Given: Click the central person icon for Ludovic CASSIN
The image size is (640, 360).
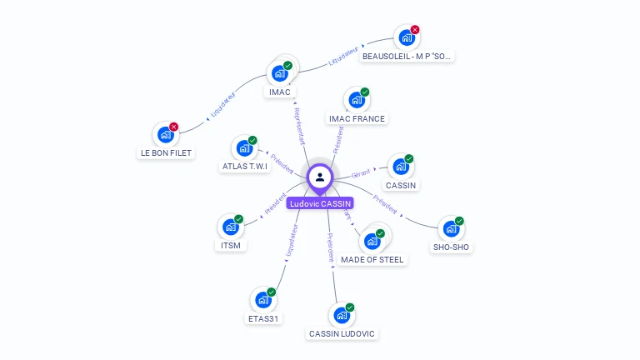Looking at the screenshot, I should click(x=320, y=177).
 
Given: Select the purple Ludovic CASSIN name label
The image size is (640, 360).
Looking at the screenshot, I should click(x=320, y=203).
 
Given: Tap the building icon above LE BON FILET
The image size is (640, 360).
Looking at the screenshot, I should click(x=166, y=133).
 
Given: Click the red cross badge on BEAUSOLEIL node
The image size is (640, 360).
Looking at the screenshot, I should click(x=415, y=30).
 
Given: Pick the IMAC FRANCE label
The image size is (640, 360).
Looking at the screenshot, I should click(x=357, y=118).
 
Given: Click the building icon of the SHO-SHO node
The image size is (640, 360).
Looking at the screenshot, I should click(x=451, y=228).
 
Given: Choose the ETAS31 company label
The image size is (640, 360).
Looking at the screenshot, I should click(x=263, y=318).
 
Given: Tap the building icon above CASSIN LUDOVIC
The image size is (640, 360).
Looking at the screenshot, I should click(x=341, y=315).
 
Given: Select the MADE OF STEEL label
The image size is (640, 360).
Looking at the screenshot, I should click(x=372, y=259).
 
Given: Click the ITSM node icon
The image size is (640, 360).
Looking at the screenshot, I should click(x=230, y=227).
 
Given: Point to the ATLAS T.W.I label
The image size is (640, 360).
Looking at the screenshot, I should click(x=245, y=166).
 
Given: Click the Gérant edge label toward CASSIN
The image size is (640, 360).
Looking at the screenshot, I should click(x=361, y=173).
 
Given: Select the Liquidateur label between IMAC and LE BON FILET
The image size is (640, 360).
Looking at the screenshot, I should click(x=222, y=103).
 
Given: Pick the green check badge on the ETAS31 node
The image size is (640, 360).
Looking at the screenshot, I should click(x=272, y=292).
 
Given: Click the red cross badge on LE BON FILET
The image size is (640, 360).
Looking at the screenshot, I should click(x=174, y=127).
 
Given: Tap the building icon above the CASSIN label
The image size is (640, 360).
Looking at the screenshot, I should click(x=401, y=166).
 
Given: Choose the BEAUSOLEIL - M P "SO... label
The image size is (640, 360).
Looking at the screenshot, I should click(x=407, y=57).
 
